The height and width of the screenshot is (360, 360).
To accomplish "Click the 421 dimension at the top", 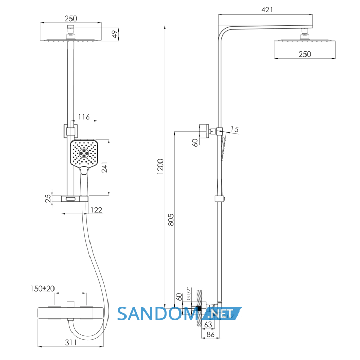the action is [267, 10].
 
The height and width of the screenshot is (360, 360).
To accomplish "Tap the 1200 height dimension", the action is [160, 167].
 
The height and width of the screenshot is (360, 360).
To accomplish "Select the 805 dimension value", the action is [171, 220].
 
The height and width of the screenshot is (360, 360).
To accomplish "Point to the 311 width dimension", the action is [71, 343].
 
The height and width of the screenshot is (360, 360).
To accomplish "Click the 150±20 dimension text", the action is [43, 289].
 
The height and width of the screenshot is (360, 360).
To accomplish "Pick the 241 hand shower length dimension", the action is [104, 167].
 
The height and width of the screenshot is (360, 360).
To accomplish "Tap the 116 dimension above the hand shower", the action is [84, 117].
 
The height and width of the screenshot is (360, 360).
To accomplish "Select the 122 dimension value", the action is [97, 210].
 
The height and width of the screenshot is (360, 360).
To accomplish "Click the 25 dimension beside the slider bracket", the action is [48, 198].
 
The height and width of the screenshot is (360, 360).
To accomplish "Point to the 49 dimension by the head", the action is [114, 34].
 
